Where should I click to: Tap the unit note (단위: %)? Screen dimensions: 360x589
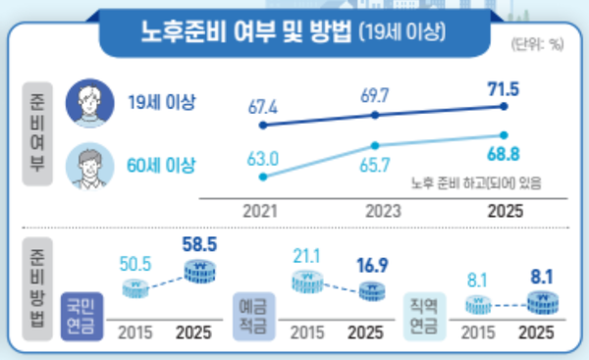[537, 44]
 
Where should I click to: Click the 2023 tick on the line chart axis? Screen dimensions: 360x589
[382, 210]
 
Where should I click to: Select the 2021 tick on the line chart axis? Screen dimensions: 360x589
[261, 210]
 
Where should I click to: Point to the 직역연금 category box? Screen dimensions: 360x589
[424, 316]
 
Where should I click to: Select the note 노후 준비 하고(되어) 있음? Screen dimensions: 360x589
[476, 181]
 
